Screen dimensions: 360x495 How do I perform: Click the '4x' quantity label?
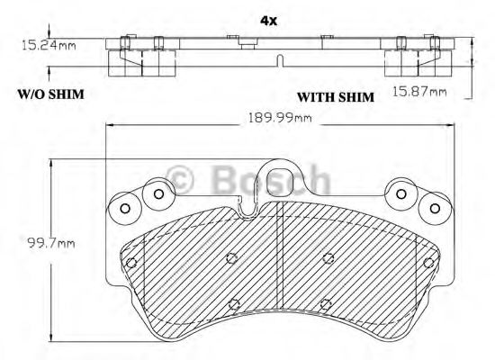click(x=267, y=19)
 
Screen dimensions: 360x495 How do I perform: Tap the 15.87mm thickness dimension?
click(x=419, y=92)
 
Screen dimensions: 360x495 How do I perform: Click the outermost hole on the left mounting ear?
click(x=125, y=210)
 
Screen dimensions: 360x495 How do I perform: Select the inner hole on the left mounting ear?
click(x=158, y=193)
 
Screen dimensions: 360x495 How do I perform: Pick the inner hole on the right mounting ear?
click(x=400, y=193)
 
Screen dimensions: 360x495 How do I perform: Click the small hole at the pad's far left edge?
click(x=131, y=263)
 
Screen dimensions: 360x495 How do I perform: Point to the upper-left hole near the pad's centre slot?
click(x=231, y=258)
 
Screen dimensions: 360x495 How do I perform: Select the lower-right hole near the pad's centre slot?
click(x=327, y=303)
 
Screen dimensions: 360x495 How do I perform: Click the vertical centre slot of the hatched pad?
click(x=283, y=270)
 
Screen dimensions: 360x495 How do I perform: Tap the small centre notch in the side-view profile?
click(x=281, y=59)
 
